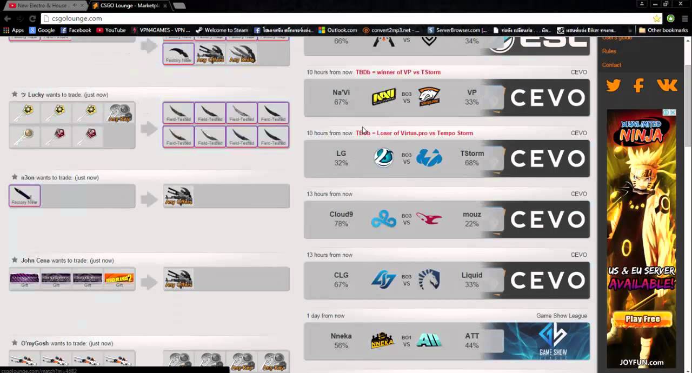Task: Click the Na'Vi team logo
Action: pyautogui.click(x=383, y=97)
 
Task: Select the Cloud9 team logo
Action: pyautogui.click(x=383, y=219)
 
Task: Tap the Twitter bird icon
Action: pyautogui.click(x=614, y=85)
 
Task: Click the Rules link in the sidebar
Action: pyautogui.click(x=609, y=51)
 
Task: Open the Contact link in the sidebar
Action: pyautogui.click(x=611, y=65)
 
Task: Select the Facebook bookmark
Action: pyautogui.click(x=76, y=30)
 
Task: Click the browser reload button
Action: pyautogui.click(x=32, y=18)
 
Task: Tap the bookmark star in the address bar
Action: pyautogui.click(x=657, y=18)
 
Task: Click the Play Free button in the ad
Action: pyautogui.click(x=642, y=319)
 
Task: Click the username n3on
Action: pyautogui.click(x=28, y=177)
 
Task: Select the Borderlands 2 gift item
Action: pyautogui.click(x=119, y=278)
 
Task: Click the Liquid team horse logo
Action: pyautogui.click(x=429, y=280)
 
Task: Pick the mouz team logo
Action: pyautogui.click(x=429, y=219)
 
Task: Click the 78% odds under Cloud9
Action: pyautogui.click(x=341, y=224)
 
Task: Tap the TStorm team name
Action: pyautogui.click(x=471, y=154)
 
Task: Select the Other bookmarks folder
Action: pyautogui.click(x=663, y=30)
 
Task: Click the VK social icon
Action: pyautogui.click(x=667, y=85)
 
